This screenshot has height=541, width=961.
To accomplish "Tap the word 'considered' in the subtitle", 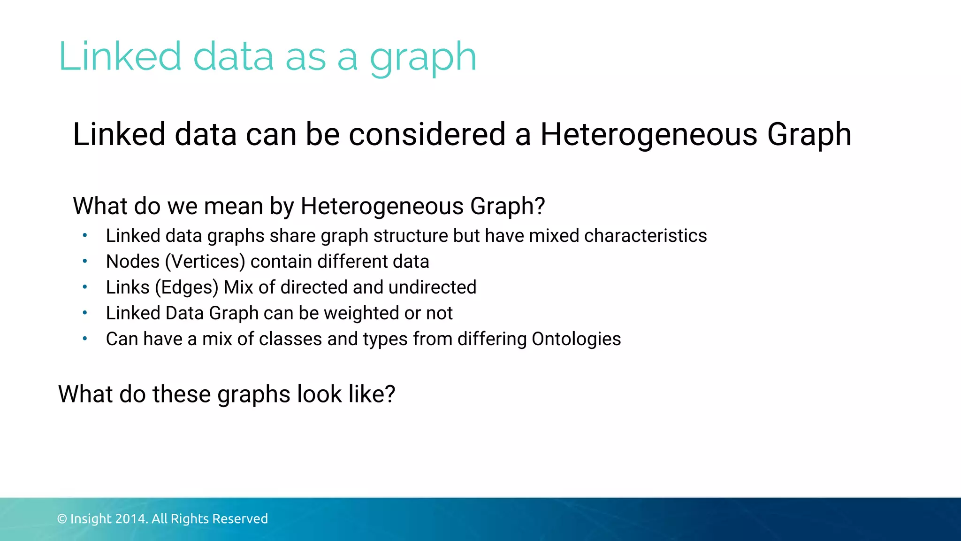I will click(427, 134).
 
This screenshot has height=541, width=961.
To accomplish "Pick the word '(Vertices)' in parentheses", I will click(205, 262).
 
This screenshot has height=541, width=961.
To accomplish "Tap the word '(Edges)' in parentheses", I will click(187, 287).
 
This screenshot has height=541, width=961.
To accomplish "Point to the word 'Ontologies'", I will click(576, 339).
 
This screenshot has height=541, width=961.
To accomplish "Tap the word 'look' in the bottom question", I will click(319, 394).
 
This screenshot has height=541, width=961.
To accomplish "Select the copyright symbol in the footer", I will click(62, 519).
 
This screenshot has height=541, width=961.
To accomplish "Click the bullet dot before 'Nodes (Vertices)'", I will click(85, 261).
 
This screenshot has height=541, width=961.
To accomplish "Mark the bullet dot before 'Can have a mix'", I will click(85, 339).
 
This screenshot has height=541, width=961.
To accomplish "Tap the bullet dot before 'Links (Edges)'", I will click(85, 287).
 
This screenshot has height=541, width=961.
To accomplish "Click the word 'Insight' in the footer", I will click(91, 519).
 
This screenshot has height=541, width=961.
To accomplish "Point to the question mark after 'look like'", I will click(389, 394).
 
